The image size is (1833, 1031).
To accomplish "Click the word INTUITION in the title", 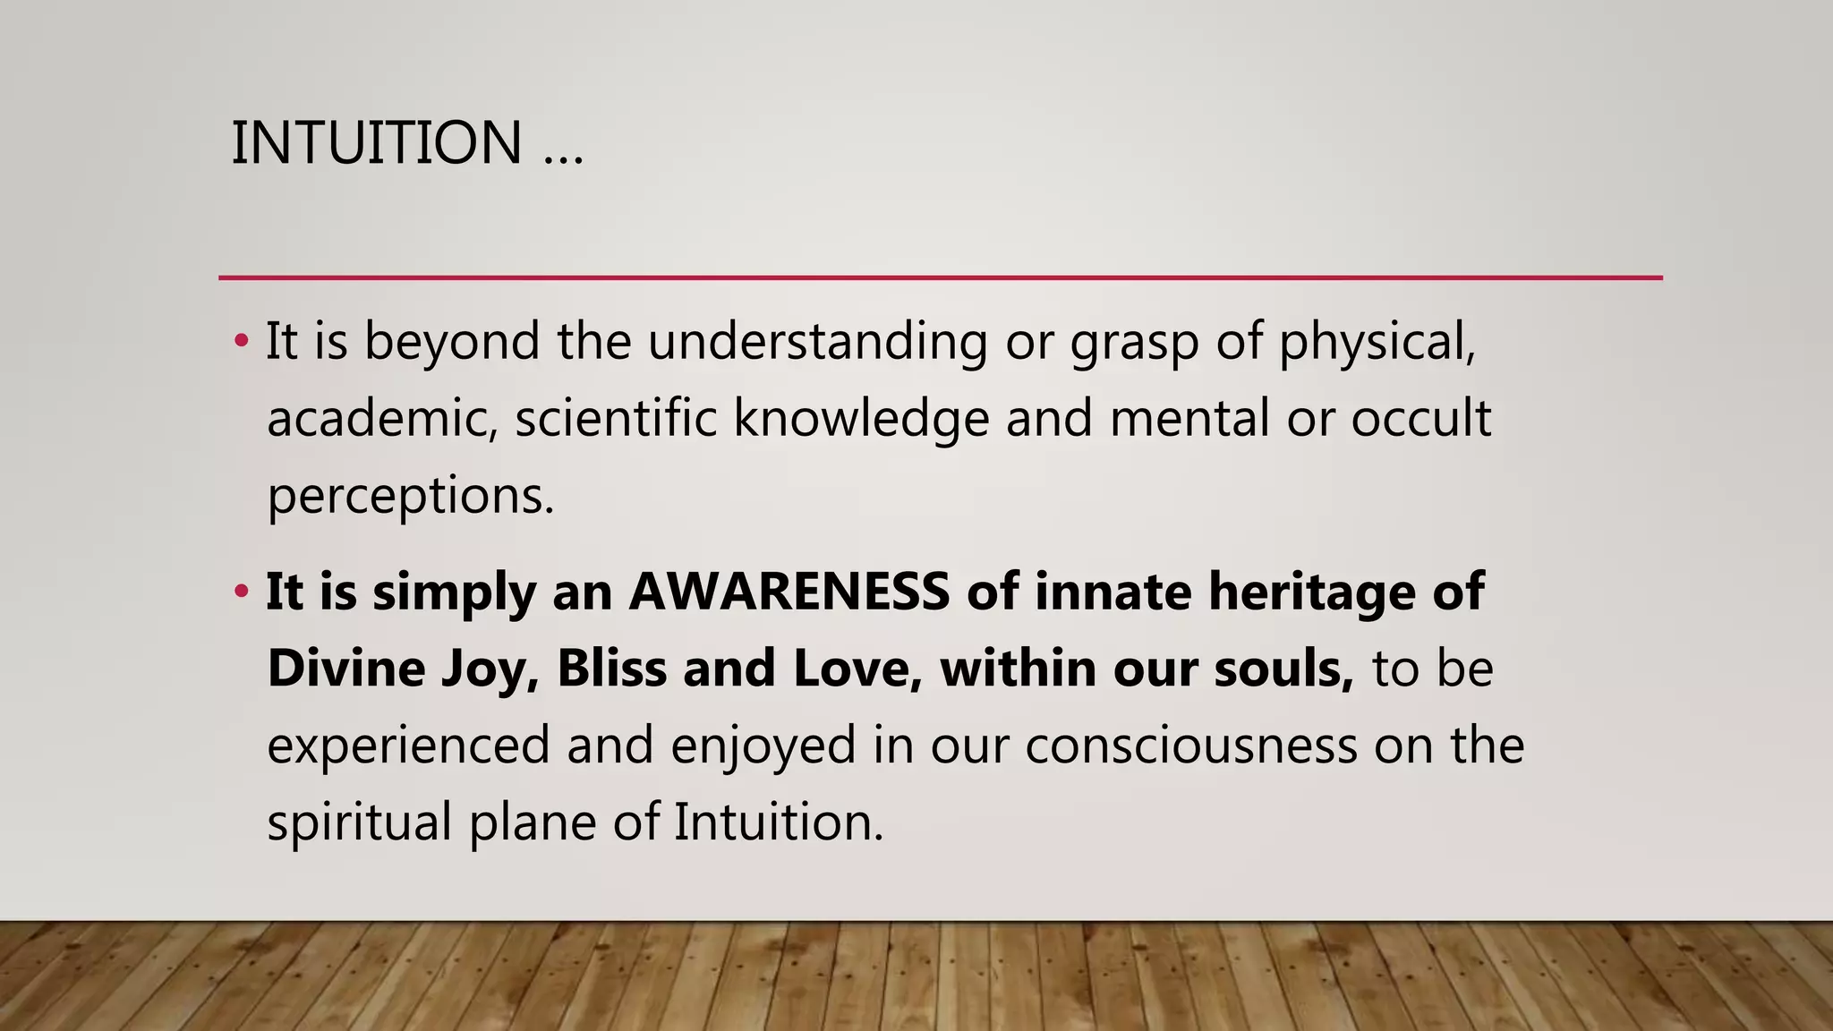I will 376,143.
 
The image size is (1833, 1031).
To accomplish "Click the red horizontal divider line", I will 940,278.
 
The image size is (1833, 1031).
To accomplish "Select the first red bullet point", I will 240,341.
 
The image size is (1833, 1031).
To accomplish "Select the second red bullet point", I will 240,592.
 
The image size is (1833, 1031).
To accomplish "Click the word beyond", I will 452,343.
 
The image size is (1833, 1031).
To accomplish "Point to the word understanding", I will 817,343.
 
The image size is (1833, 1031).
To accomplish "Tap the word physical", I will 1377,343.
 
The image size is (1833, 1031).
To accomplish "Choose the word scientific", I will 616,419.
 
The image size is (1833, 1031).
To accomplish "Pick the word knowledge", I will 861,419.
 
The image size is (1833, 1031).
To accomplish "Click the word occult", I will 1420,419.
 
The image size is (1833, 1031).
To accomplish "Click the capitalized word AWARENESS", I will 789,592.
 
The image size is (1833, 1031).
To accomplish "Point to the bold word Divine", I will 345,669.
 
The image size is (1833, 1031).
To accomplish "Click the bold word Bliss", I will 611,669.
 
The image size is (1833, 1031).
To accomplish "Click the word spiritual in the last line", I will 359,822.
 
